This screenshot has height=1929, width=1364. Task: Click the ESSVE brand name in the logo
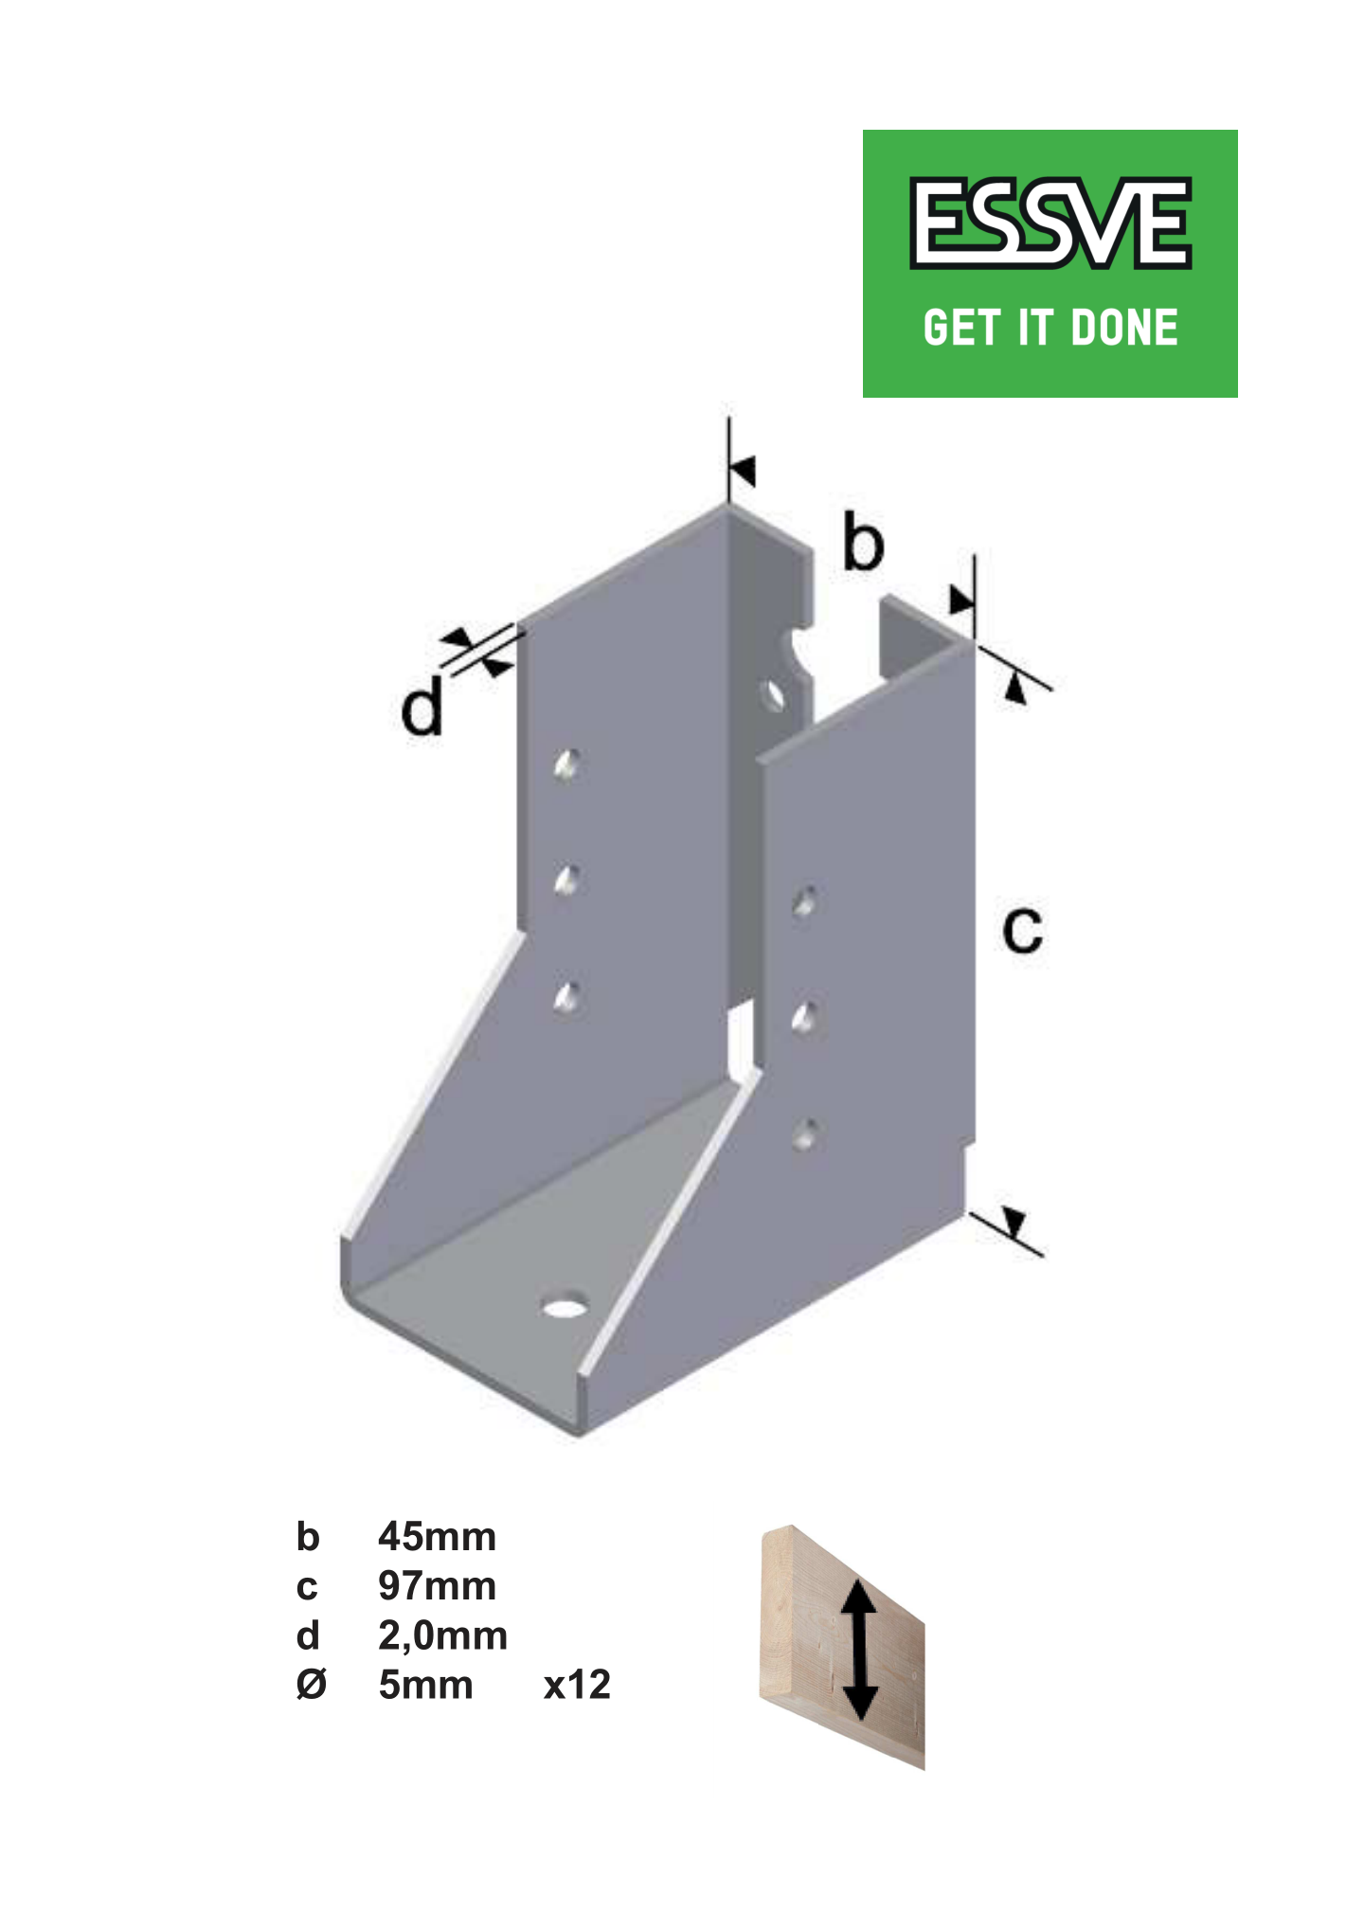[x=1050, y=223]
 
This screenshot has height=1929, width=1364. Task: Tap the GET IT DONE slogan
[x=1050, y=328]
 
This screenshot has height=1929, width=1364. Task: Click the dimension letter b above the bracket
[x=863, y=544]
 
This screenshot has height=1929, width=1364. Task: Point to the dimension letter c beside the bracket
[x=1022, y=930]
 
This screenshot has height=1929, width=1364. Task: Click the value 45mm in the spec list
[x=437, y=1536]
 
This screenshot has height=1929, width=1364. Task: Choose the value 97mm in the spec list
[x=437, y=1586]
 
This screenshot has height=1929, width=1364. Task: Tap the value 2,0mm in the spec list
[x=442, y=1635]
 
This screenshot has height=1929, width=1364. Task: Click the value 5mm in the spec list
[x=425, y=1685]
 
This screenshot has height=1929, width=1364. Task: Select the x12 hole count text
[x=577, y=1685]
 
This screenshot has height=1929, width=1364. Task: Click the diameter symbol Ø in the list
[x=311, y=1685]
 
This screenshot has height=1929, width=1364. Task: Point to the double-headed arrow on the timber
[x=859, y=1649]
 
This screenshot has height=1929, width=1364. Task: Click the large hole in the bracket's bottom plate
[x=564, y=1308]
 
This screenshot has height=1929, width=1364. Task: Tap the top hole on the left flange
[x=567, y=764]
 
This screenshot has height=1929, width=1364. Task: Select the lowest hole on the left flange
[x=567, y=997]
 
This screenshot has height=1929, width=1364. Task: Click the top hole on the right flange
[x=805, y=901]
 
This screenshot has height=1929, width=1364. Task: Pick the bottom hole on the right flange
[x=805, y=1134]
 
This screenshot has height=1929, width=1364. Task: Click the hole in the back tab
[x=774, y=694]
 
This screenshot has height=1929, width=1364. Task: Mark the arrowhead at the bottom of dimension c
[x=1014, y=1222]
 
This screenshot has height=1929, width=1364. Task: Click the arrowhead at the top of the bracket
[x=743, y=470]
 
